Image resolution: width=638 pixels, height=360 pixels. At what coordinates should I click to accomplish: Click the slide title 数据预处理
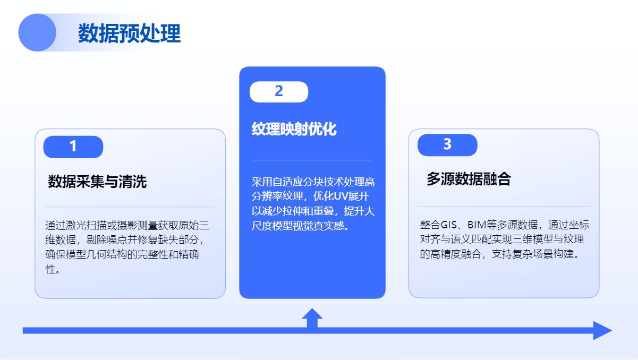[129, 33]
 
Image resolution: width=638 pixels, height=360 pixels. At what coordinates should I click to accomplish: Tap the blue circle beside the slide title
[37, 32]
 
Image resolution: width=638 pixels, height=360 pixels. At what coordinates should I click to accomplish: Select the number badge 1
[73, 147]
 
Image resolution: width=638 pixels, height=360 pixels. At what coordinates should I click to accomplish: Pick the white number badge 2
[279, 92]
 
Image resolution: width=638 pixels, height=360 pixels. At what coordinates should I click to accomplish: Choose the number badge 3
[447, 145]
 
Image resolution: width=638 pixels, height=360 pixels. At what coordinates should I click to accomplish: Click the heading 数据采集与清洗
[97, 182]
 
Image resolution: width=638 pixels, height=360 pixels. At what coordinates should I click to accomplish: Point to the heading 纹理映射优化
[294, 129]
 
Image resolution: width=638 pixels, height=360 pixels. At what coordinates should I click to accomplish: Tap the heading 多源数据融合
[469, 179]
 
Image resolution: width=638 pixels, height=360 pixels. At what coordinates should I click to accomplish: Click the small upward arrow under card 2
[312, 318]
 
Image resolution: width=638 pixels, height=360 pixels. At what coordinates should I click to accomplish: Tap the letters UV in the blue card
[341, 196]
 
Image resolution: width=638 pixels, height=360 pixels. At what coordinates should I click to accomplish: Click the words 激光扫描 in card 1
[86, 225]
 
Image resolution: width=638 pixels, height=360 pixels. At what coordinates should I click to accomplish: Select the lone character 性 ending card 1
[50, 269]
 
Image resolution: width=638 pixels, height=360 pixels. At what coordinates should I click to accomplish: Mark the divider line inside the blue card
[312, 160]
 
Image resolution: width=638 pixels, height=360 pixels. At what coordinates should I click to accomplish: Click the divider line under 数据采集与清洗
[130, 207]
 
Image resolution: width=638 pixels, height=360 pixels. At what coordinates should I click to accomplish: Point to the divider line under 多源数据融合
[503, 206]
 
